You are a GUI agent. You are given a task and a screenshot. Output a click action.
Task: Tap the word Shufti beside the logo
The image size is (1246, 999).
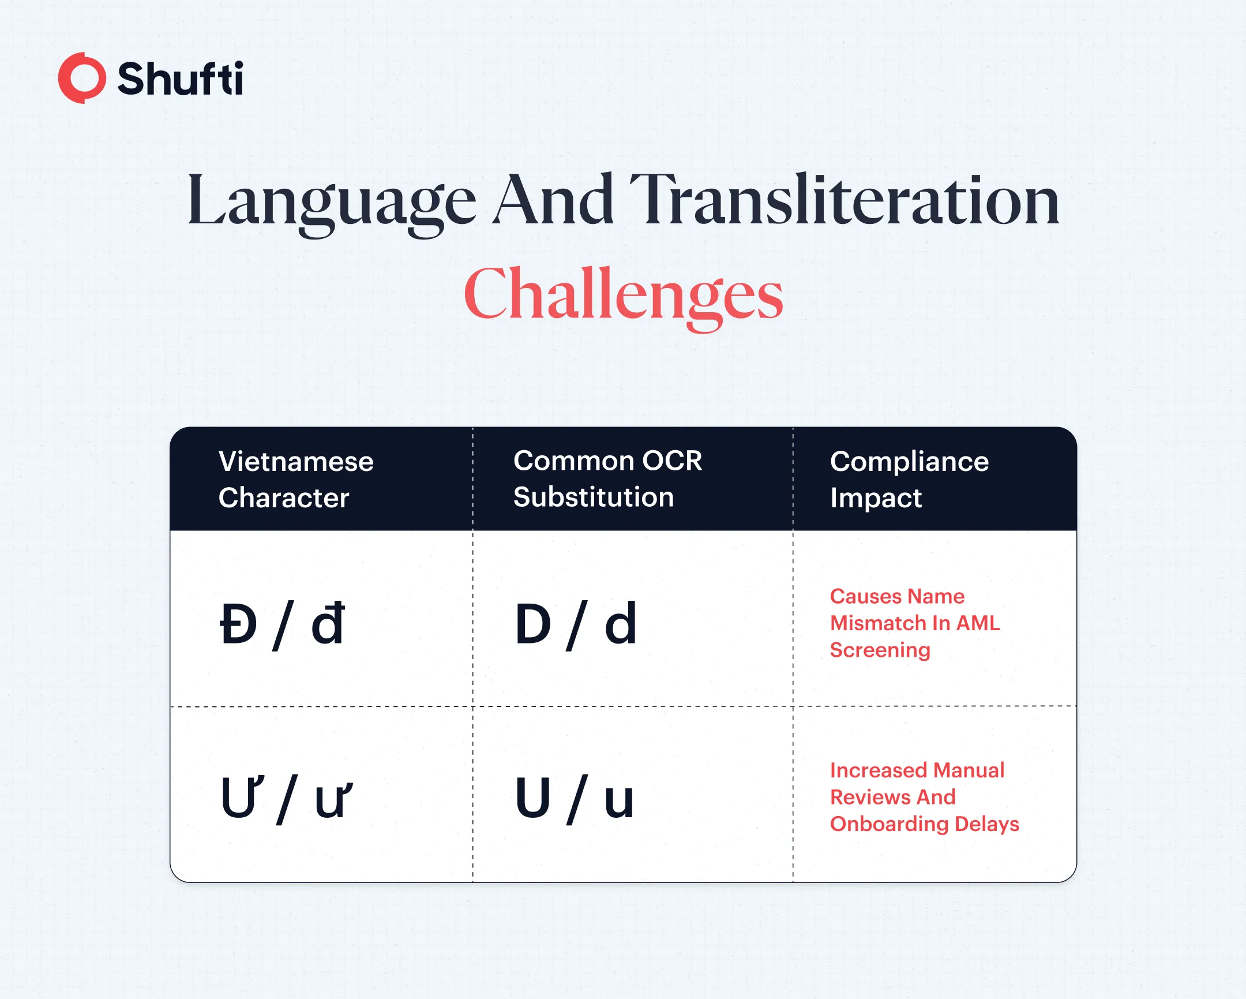click(181, 78)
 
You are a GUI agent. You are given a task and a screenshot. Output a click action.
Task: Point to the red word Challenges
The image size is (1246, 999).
click(623, 296)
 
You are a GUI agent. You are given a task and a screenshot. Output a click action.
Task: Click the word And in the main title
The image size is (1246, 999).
click(553, 199)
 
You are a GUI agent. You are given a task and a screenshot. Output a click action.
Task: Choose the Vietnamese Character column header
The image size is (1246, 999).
click(296, 479)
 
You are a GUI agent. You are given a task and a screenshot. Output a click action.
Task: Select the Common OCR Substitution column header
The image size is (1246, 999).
click(608, 478)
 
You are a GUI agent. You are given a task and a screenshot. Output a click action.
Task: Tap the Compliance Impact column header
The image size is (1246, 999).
click(910, 479)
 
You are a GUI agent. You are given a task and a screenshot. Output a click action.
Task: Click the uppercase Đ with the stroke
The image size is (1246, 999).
click(238, 624)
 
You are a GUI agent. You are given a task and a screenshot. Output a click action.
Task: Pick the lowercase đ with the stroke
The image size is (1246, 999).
click(328, 623)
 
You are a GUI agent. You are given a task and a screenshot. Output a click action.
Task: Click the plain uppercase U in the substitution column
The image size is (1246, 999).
click(532, 798)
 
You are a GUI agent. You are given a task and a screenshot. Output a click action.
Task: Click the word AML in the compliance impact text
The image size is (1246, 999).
click(978, 623)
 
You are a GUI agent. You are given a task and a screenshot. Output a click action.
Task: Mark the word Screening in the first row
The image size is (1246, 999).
click(880, 650)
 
